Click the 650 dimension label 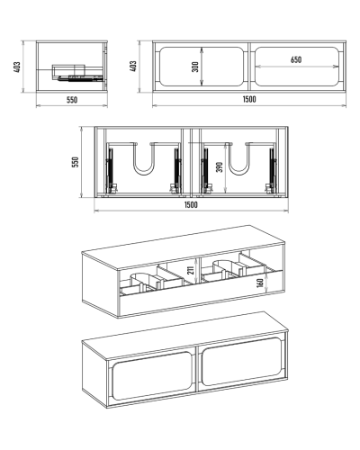click(296, 59)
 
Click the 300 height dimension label click(195, 67)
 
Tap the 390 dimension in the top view click(220, 167)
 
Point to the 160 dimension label click(260, 283)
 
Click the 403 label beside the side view click(17, 67)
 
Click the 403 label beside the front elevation click(133, 67)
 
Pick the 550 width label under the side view click(72, 100)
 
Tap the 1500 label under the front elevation click(249, 99)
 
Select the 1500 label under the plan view click(191, 205)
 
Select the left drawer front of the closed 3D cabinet click(152, 376)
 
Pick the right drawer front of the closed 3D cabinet click(242, 362)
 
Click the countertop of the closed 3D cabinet click(185, 334)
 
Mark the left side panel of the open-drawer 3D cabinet click(101, 284)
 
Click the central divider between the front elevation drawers click(249, 67)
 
